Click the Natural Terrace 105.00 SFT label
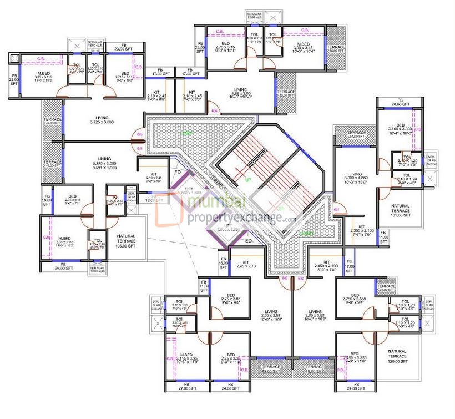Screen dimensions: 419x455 [x=125, y=240]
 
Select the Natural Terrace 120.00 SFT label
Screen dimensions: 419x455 [x=397, y=356]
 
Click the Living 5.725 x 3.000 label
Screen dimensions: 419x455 [x=102, y=119]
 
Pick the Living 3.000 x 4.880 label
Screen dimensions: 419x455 [x=353, y=177]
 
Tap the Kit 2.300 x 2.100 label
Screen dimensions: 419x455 [x=361, y=230]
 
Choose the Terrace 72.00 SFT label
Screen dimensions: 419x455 [x=387, y=289]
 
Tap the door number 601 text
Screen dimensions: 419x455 [x=337, y=209]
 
